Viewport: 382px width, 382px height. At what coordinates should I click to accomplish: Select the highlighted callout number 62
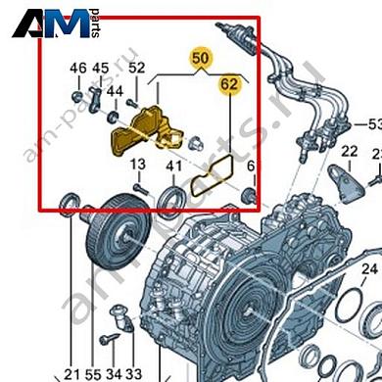(229, 85)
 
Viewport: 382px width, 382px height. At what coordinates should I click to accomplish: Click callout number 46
(78, 68)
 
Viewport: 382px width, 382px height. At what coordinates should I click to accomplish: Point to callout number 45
(101, 68)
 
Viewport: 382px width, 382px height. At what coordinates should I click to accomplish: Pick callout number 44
(115, 90)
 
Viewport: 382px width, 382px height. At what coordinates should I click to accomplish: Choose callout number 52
(137, 68)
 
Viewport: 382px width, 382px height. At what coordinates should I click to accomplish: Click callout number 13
(137, 164)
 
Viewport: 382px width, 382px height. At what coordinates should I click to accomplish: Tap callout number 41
(173, 166)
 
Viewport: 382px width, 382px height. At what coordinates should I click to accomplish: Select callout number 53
(372, 125)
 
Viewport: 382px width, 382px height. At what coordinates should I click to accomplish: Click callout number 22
(349, 151)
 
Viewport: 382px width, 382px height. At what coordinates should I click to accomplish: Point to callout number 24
(368, 268)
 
